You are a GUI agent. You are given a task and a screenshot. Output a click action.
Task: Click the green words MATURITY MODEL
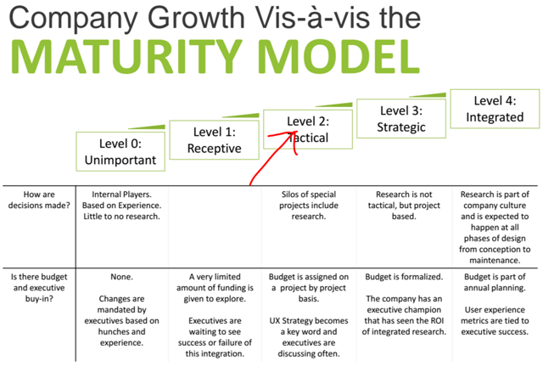216,56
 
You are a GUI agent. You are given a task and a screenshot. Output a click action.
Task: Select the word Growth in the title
196,18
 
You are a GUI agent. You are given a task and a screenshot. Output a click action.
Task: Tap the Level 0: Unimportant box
120,151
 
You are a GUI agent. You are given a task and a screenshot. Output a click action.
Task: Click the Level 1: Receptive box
215,140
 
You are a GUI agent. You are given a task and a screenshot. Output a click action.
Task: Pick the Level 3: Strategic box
401,119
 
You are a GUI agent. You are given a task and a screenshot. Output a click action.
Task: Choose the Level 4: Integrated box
495,109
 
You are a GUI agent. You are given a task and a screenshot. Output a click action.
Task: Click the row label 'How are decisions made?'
39,200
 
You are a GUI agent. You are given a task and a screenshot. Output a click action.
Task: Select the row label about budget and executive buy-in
39,288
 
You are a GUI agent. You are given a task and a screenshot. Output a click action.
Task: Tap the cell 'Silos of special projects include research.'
309,206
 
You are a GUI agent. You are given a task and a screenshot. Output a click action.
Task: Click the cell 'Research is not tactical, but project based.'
404,206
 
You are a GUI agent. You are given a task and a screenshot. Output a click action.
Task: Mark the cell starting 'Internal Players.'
121,206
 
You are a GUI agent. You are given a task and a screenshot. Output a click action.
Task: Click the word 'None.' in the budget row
121,277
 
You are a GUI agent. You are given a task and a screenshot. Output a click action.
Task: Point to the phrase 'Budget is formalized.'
404,277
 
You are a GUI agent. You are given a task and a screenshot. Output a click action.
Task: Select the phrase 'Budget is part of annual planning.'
495,282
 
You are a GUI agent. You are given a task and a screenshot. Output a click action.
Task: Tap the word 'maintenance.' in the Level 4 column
495,261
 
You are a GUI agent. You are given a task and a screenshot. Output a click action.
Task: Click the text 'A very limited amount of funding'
215,282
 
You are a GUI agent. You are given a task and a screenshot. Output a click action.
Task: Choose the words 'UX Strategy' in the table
289,321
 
